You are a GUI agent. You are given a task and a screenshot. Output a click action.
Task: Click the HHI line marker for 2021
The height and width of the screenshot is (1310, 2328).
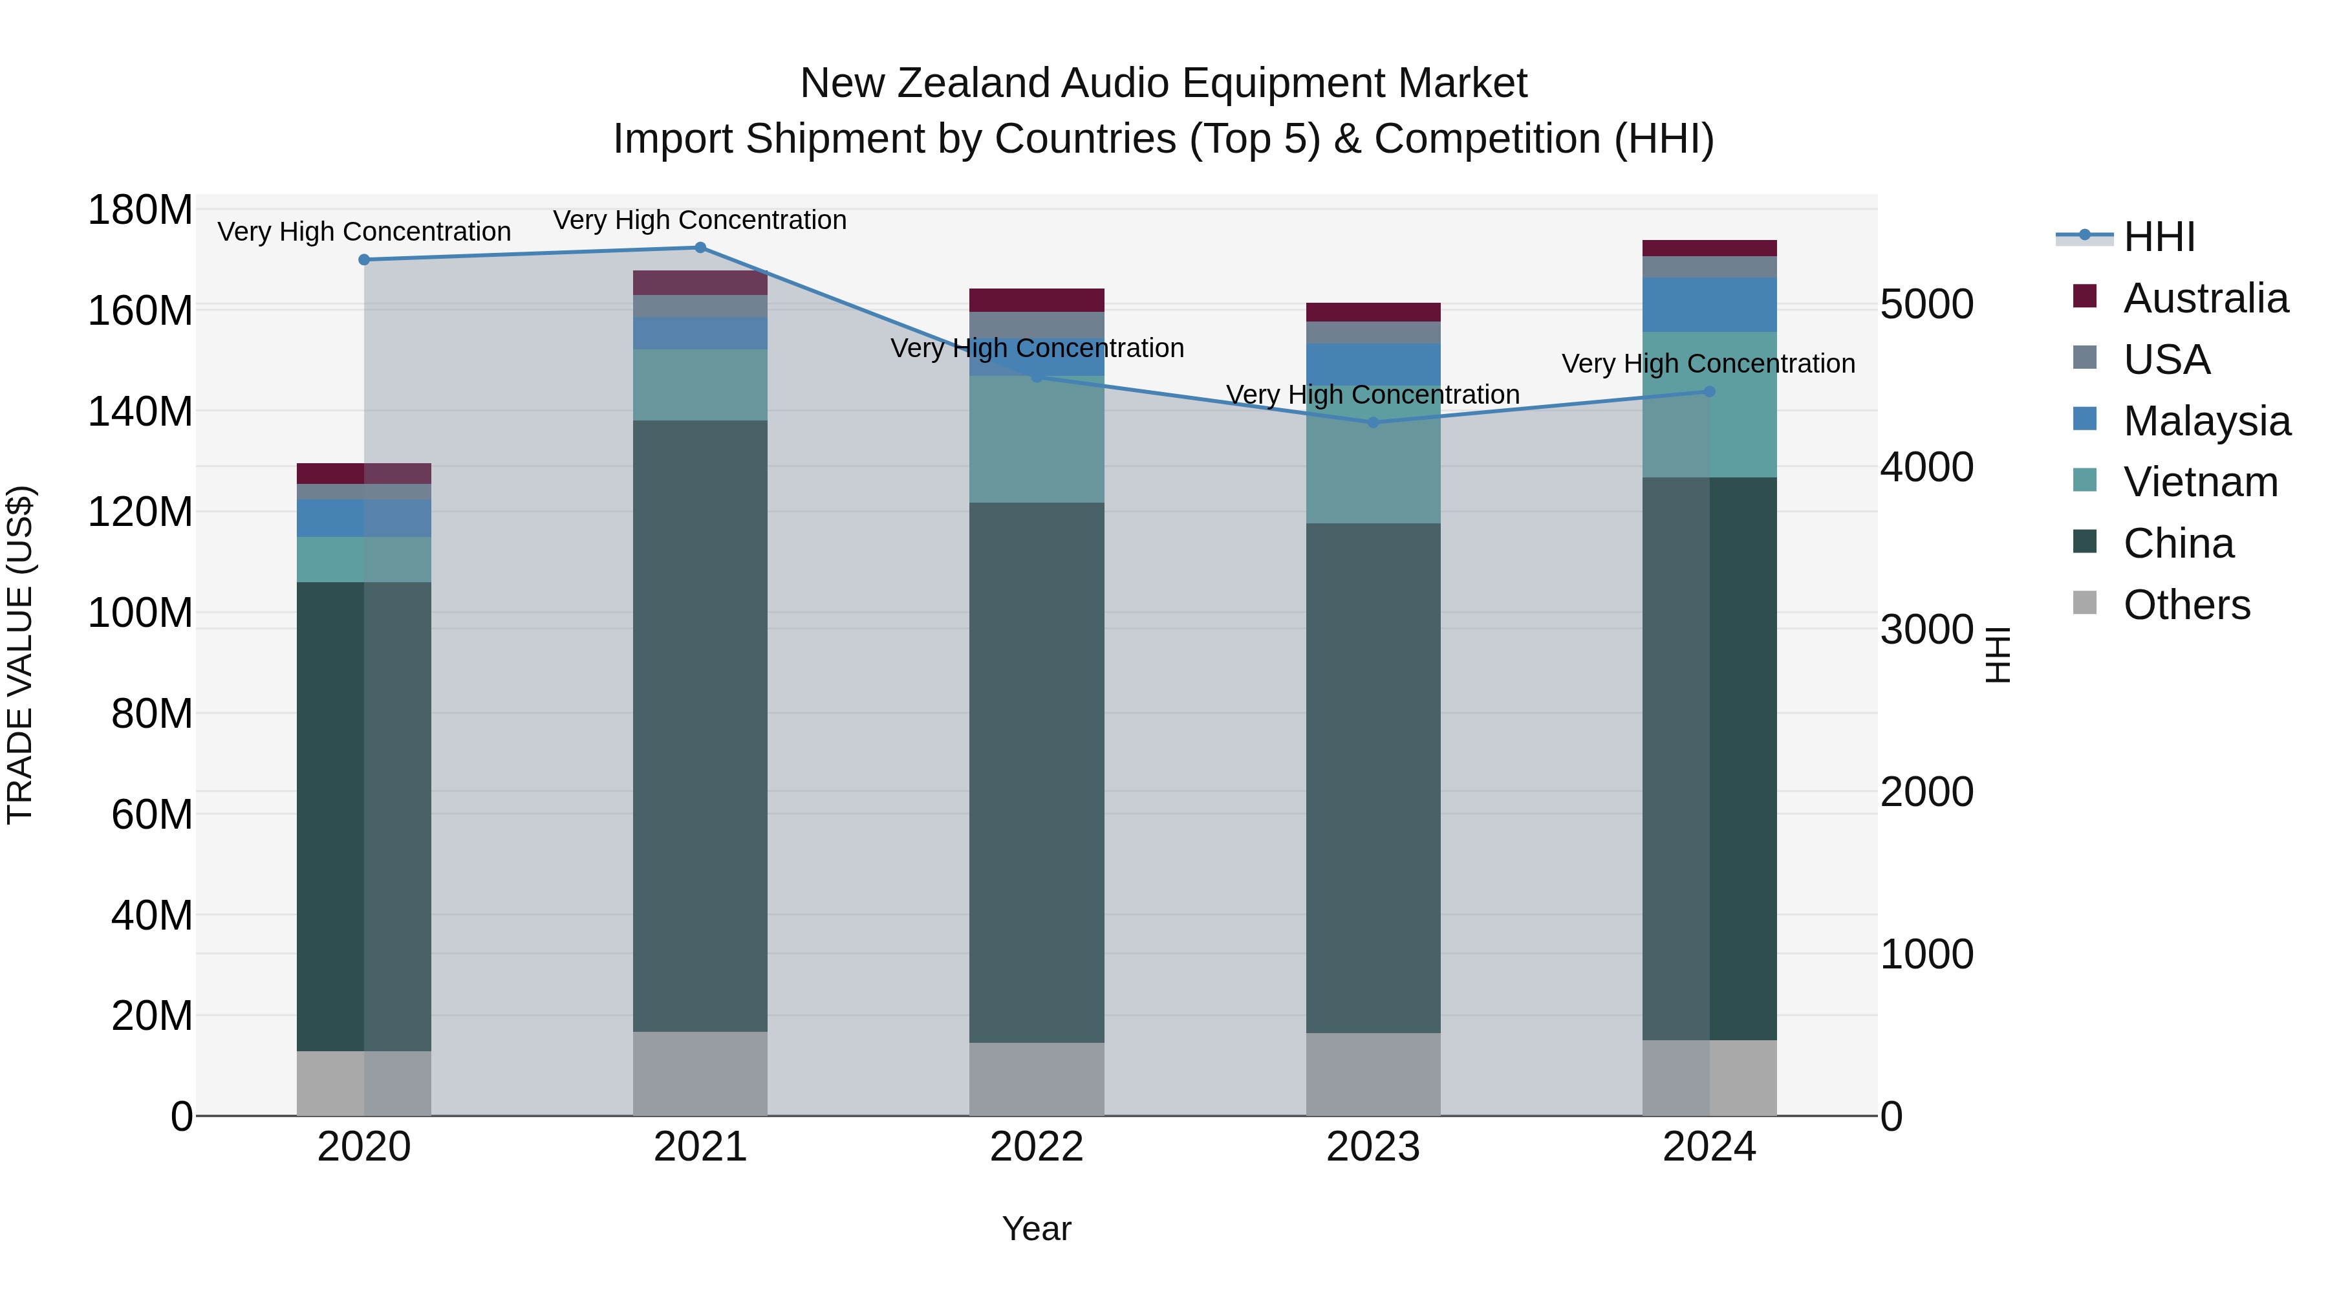point(700,248)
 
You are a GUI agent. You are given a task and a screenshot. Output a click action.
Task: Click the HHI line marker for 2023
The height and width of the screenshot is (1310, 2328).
point(1373,422)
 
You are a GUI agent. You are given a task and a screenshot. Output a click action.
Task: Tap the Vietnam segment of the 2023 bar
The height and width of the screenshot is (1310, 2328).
point(1373,455)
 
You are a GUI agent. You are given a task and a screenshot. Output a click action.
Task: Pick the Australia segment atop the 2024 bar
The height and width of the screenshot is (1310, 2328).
point(1709,248)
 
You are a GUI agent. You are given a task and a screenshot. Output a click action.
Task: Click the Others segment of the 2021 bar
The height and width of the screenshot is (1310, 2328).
point(700,1073)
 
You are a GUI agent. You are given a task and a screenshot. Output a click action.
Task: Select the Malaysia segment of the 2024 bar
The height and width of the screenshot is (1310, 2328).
point(1709,305)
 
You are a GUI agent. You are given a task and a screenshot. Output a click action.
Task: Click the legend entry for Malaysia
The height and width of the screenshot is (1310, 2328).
point(2206,421)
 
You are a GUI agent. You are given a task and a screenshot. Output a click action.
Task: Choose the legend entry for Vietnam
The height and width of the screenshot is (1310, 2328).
point(2200,482)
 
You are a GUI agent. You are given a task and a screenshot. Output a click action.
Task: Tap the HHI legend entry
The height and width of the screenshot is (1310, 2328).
point(2158,237)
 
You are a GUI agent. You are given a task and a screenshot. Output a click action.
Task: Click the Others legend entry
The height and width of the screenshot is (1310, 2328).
point(2186,605)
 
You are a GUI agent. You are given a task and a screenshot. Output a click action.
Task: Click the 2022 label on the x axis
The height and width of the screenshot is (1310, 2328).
point(1037,1147)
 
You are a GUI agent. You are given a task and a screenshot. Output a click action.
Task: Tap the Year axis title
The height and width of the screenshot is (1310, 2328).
point(1037,1228)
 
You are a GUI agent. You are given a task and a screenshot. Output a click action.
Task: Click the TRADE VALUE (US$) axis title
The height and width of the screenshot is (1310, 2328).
point(20,655)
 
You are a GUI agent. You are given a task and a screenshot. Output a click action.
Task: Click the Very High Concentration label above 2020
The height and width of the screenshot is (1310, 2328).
point(364,232)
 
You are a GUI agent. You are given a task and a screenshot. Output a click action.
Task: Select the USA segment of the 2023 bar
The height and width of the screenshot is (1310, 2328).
point(1373,333)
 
